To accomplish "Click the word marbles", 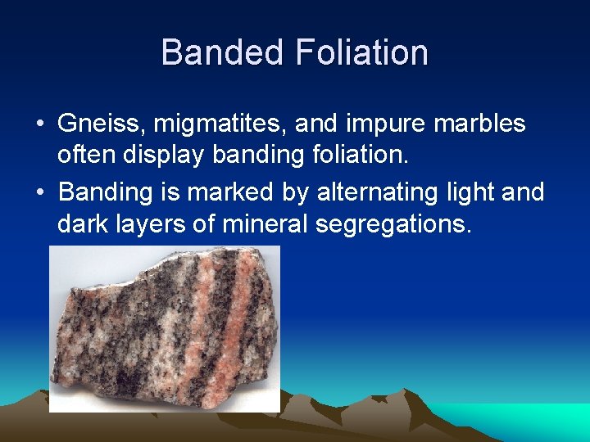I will [485, 124].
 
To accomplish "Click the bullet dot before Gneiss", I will [39, 125].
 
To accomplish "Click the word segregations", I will [393, 223].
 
